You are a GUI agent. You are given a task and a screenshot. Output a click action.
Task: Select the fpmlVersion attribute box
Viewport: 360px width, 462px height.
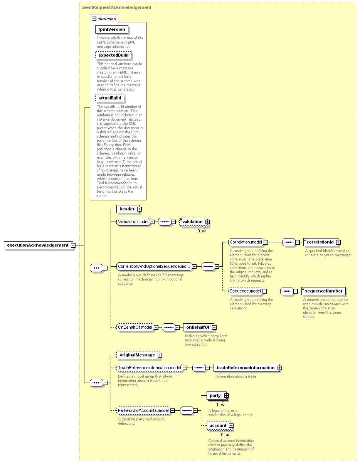pyautogui.click(x=112, y=29)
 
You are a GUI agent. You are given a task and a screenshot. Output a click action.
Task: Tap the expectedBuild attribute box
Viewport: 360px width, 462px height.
pyautogui.click(x=114, y=55)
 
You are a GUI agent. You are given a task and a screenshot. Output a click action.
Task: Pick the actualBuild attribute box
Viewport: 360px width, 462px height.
pyautogui.click(x=110, y=98)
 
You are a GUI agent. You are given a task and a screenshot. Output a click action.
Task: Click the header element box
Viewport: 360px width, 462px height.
pyautogui.click(x=129, y=209)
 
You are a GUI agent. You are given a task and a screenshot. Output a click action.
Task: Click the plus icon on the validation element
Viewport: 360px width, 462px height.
pyautogui.click(x=208, y=222)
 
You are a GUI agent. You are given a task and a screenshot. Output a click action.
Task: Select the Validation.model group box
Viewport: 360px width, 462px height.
pyautogui.click(x=135, y=222)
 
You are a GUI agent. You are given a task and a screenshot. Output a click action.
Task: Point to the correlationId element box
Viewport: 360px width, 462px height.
pyautogui.click(x=322, y=242)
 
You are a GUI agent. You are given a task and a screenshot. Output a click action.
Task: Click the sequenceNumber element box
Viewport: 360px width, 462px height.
pyautogui.click(x=323, y=291)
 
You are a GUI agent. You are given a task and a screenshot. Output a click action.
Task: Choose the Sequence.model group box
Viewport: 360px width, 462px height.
pyautogui.click(x=247, y=291)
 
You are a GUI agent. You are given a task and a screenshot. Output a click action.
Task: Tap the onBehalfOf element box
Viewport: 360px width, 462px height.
pyautogui.click(x=200, y=328)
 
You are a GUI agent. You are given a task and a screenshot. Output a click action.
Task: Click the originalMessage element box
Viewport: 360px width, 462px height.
pyautogui.click(x=139, y=355)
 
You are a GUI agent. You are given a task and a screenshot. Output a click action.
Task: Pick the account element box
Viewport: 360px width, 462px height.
pyautogui.click(x=220, y=426)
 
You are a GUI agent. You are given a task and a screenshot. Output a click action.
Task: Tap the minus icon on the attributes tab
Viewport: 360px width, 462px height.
pyautogui.click(x=94, y=18)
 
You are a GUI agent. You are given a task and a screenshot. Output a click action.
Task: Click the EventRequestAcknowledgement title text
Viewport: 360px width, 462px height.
pyautogui.click(x=116, y=7)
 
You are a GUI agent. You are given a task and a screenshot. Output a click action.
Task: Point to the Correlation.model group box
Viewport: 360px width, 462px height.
pyautogui.click(x=248, y=242)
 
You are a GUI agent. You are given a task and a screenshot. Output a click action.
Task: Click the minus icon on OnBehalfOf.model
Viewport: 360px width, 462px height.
pyautogui.click(x=156, y=328)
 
